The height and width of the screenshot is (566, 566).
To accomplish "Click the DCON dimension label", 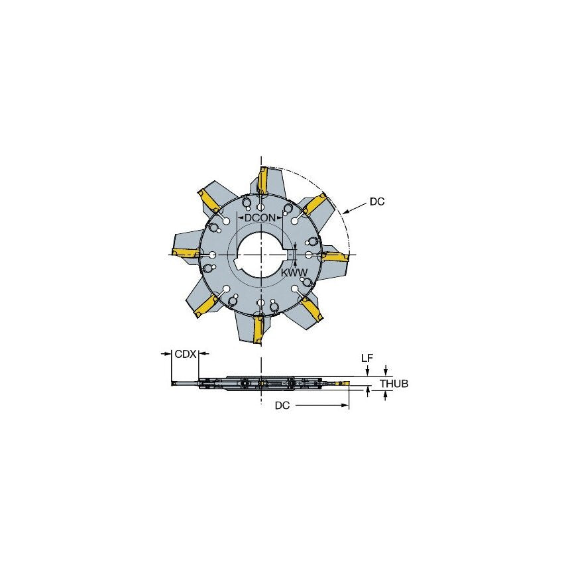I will (260, 218).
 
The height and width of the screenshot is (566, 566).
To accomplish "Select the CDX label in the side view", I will (185, 354).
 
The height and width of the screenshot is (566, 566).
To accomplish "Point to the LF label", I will (367, 358).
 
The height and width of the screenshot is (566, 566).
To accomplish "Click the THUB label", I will (394, 384).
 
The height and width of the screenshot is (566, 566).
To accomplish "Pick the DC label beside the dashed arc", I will (376, 201).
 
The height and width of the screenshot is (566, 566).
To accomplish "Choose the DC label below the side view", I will (282, 406).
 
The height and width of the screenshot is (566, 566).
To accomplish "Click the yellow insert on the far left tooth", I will (186, 252).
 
